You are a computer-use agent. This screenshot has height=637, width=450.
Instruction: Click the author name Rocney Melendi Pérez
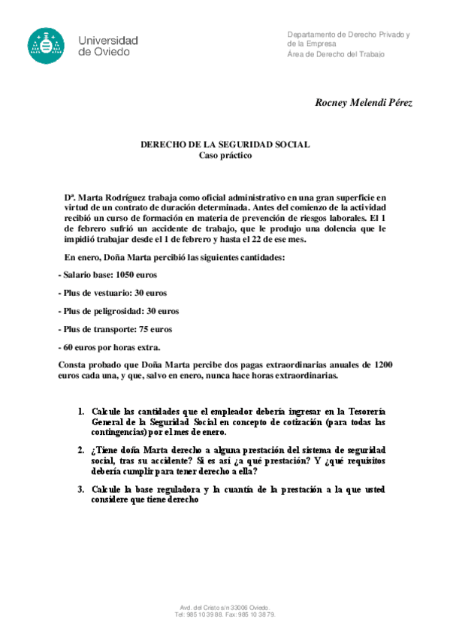(364, 103)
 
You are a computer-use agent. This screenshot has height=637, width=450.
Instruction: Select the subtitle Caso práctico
(225, 155)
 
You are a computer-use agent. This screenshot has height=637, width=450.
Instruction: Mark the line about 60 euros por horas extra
(109, 347)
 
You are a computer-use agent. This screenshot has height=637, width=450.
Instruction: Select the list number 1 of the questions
(81, 412)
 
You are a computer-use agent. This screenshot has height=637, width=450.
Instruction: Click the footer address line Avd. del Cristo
(225, 607)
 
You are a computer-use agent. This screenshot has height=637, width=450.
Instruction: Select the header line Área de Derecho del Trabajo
(336, 54)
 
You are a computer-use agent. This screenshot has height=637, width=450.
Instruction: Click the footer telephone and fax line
(225, 614)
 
